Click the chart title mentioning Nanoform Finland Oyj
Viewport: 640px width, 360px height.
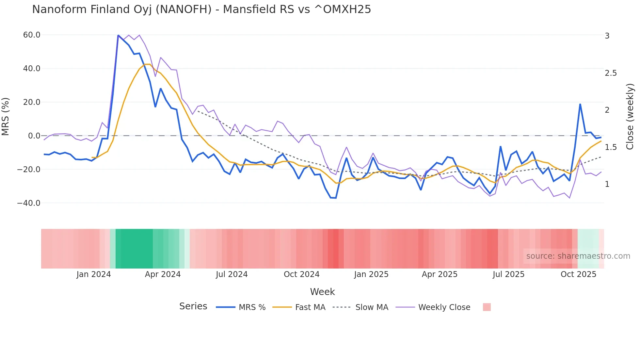(x=201, y=9)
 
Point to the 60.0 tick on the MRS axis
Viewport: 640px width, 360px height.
(x=32, y=35)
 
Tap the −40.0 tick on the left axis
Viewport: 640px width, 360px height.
(x=29, y=203)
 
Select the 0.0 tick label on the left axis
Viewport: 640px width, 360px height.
(x=34, y=136)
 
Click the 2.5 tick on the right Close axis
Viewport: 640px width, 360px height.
(x=611, y=73)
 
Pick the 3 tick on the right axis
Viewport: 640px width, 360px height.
(x=607, y=36)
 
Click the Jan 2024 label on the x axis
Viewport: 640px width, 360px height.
(x=94, y=274)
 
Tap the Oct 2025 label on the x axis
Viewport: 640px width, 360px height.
(x=578, y=274)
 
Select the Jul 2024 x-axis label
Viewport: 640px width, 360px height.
(x=232, y=274)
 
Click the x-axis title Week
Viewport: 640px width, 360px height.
(x=322, y=292)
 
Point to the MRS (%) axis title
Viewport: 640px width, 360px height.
(x=6, y=116)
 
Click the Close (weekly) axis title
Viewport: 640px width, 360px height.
(x=630, y=116)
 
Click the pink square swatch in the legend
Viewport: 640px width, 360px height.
(x=487, y=307)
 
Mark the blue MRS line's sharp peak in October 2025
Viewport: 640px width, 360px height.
(x=580, y=104)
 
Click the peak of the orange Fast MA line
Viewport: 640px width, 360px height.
(x=147, y=64)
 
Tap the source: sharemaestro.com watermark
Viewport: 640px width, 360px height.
(x=578, y=256)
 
